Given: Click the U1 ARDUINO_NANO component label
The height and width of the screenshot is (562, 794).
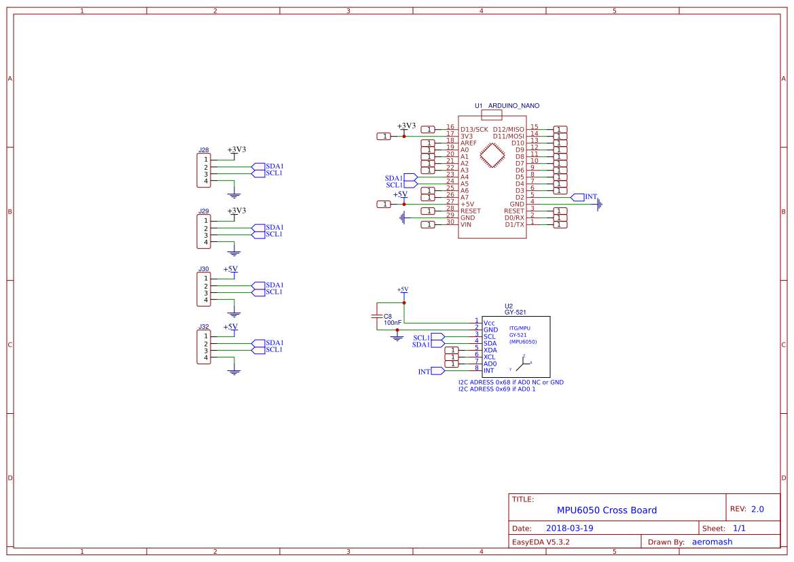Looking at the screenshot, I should pos(507,106).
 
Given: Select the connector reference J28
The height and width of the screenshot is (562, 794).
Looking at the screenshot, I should pos(203,150).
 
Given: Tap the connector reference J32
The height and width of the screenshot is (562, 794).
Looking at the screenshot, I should pos(203,327).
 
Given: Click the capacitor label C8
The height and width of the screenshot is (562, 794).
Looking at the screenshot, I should pos(388,316).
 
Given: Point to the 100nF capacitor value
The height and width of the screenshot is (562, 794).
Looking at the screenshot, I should pos(392,323).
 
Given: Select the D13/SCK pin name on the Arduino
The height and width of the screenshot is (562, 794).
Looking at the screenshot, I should pos(473,129).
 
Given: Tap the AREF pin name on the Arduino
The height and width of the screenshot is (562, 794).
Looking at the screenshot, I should pos(469,143).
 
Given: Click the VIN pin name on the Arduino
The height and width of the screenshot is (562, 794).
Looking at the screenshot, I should pos(465,224).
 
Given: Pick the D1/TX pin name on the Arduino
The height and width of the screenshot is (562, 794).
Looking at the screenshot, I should pos(514,224).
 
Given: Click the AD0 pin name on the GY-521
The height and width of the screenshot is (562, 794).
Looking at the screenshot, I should pos(490,364).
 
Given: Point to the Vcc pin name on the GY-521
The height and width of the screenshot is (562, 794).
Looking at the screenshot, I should pos(488,323).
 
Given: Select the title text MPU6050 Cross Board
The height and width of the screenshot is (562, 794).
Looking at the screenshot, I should pos(607,510).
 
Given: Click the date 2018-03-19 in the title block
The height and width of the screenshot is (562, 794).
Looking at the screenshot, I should pos(569,528).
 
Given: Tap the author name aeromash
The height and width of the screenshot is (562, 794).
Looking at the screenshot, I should pos(712,542).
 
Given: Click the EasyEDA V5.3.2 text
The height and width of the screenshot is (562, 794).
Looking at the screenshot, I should pos(541,542).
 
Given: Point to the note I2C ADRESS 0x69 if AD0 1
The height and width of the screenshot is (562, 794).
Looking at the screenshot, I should pos(497,389).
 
